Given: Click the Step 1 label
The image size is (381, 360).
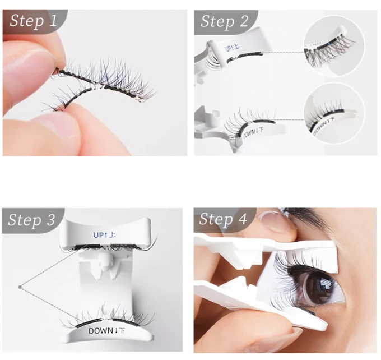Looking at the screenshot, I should (33, 21).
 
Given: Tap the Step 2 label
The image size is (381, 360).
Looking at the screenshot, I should (224, 21).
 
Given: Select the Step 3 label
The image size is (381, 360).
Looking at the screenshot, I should (33, 220).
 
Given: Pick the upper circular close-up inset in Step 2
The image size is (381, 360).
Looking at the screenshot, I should (333, 46).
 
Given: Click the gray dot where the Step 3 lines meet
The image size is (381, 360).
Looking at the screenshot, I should (20, 288).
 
